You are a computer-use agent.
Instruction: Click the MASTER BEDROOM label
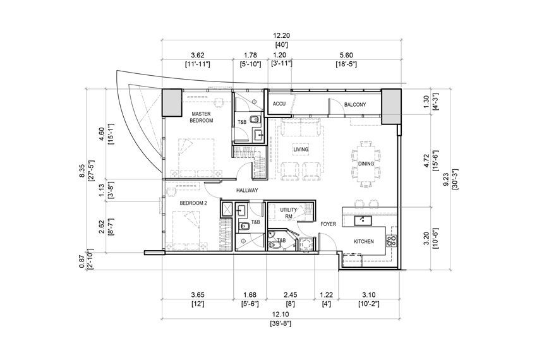[x=202, y=117]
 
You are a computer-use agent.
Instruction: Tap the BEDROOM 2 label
[x=193, y=203]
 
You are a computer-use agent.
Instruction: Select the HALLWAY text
[x=247, y=191]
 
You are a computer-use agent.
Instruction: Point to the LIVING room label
[x=301, y=149]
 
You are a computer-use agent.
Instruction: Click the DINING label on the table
[x=366, y=164]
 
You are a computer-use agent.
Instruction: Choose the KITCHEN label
[x=364, y=241]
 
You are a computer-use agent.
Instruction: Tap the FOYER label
[x=328, y=224]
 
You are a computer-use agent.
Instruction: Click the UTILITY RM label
[x=288, y=213]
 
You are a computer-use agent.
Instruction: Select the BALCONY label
[x=355, y=104]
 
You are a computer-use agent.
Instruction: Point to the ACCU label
[x=279, y=104]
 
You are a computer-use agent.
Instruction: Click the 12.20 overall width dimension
[x=282, y=35]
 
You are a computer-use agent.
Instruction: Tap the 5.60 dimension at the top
[x=346, y=55]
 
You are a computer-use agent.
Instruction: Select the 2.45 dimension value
[x=291, y=294]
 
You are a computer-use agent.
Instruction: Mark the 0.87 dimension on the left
[x=81, y=262]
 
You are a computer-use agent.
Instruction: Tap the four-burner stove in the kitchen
[x=391, y=240]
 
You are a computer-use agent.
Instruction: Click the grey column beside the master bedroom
[x=172, y=102]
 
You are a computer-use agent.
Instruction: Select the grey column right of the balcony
[x=391, y=107]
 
